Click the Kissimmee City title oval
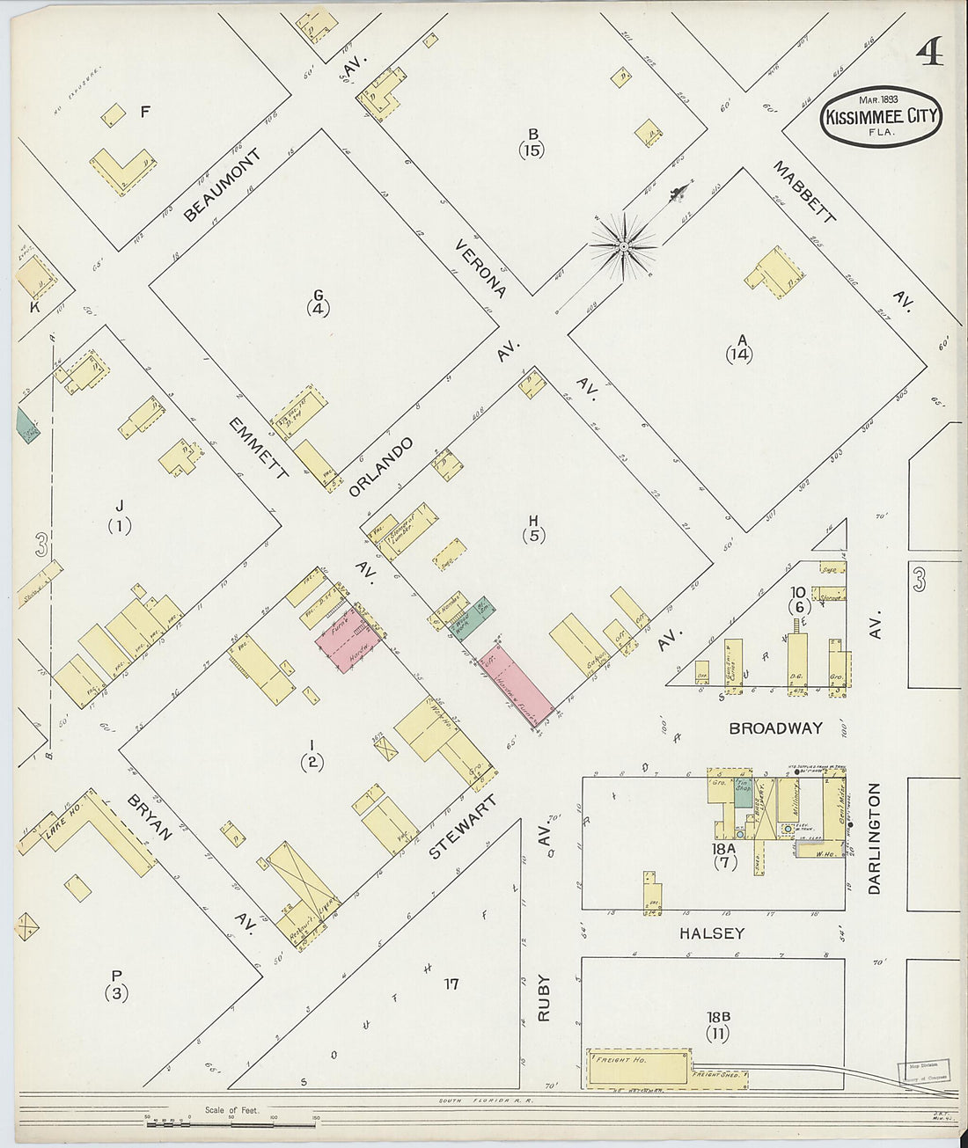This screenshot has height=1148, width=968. [881, 116]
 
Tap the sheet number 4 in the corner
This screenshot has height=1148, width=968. [929, 55]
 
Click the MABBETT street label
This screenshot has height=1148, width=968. [803, 192]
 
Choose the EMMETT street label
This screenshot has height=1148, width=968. [258, 448]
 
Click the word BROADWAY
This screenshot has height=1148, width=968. [775, 728]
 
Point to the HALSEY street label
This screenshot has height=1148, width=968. [711, 933]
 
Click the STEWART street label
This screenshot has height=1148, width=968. [463, 828]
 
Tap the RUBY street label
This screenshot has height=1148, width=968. [544, 997]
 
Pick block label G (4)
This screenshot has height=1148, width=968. [318, 302]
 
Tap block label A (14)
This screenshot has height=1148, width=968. [740, 347]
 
